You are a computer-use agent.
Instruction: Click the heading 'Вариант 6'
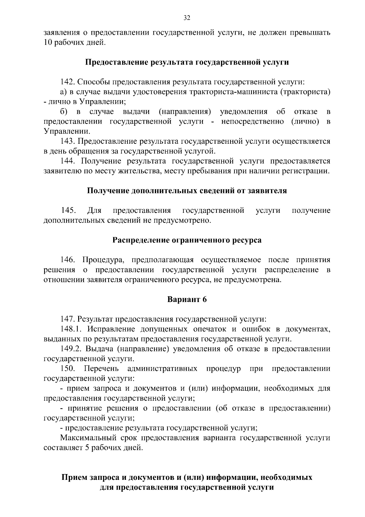click(187, 299)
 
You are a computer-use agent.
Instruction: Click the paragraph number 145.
click(68, 210)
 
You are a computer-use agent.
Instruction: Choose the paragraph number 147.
click(68, 319)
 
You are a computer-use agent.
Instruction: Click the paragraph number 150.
click(68, 369)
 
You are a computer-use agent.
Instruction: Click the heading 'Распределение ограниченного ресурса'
click(187, 240)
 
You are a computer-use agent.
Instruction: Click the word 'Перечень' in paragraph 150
click(101, 369)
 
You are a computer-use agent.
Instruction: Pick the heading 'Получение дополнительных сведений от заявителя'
click(187, 191)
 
